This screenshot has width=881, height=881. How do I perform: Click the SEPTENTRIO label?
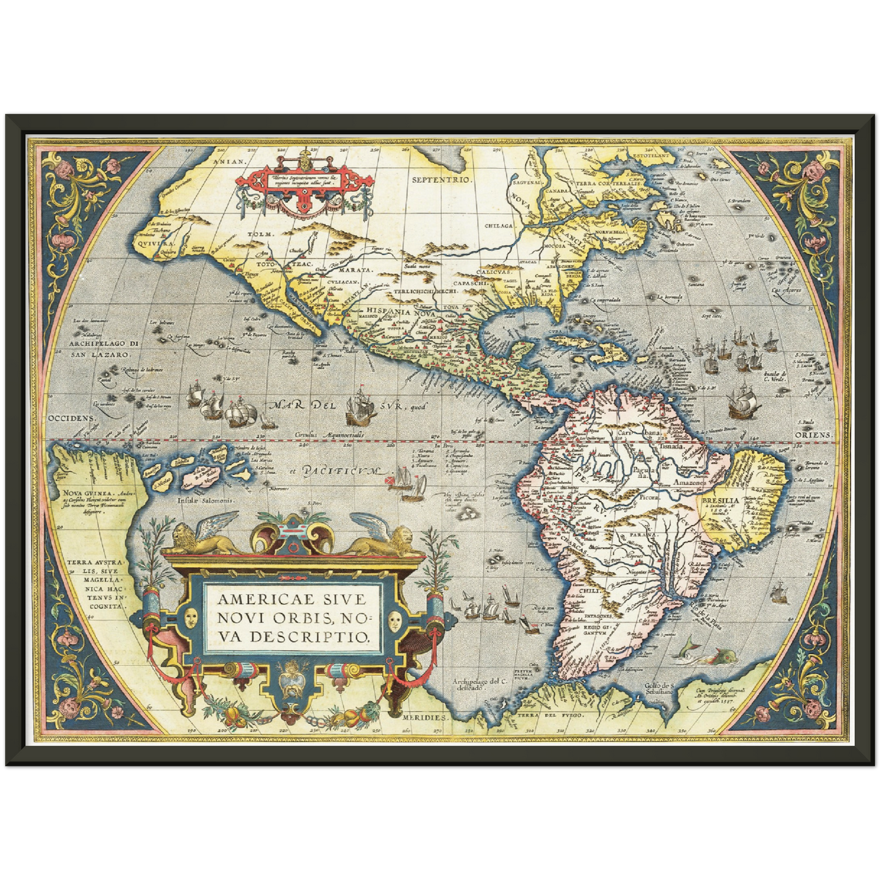(442, 180)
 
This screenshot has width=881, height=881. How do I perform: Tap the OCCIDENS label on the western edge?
(72, 419)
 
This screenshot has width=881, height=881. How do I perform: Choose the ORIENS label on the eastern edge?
(813, 435)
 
